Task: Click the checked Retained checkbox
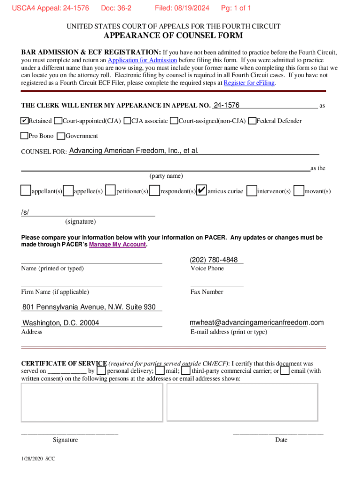pos(24,121)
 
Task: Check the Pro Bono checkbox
pos(24,136)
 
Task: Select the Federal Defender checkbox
pos(252,121)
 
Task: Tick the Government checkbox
pos(61,136)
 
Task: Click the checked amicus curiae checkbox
pos(201,191)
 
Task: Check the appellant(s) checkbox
pos(26,191)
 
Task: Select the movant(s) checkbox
pos(299,191)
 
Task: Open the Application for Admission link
pos(142,60)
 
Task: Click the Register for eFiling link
pos(249,83)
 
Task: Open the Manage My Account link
pos(117,245)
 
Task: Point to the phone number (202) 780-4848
pos(214,260)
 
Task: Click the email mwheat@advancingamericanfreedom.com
pos(256,323)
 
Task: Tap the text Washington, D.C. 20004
pos(61,323)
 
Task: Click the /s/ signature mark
pos(25,212)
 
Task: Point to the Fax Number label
pos(207,292)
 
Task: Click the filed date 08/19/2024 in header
pos(182,8)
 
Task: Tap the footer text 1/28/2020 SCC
pos(38,459)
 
